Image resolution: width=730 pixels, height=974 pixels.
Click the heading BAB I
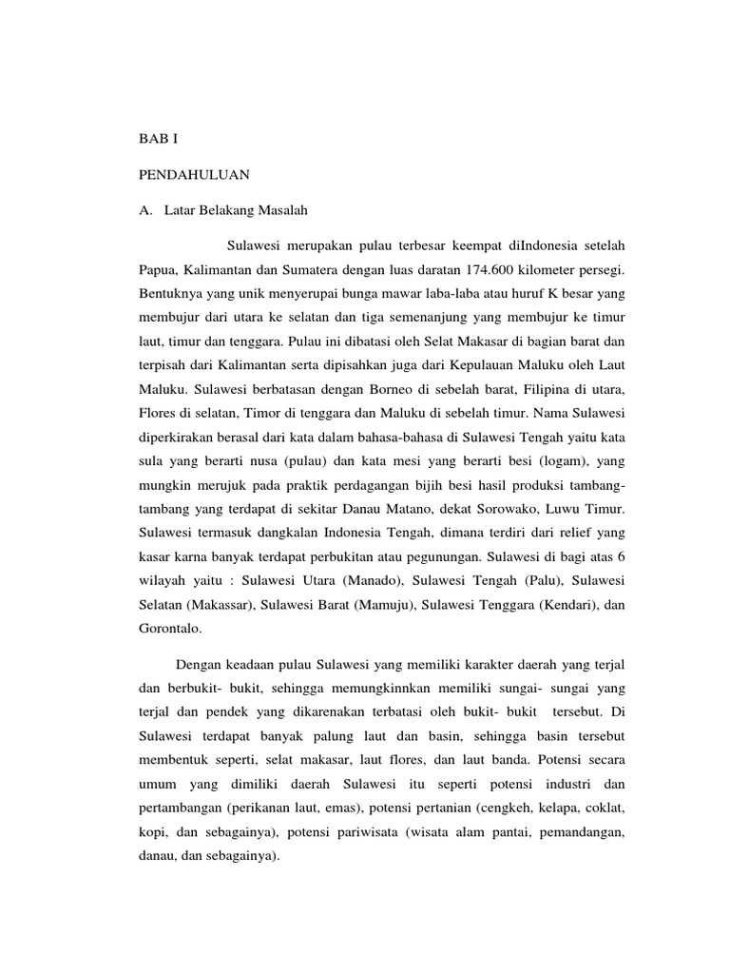tap(158, 139)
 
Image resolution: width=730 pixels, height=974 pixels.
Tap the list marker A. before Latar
tap(146, 209)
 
